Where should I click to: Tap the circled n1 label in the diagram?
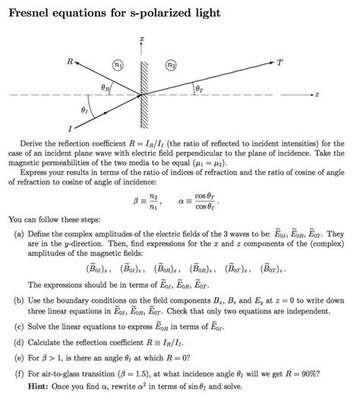[118, 66]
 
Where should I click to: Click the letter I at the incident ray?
[69, 128]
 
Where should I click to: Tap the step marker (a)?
[18, 234]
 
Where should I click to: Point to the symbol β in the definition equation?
[135, 201]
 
